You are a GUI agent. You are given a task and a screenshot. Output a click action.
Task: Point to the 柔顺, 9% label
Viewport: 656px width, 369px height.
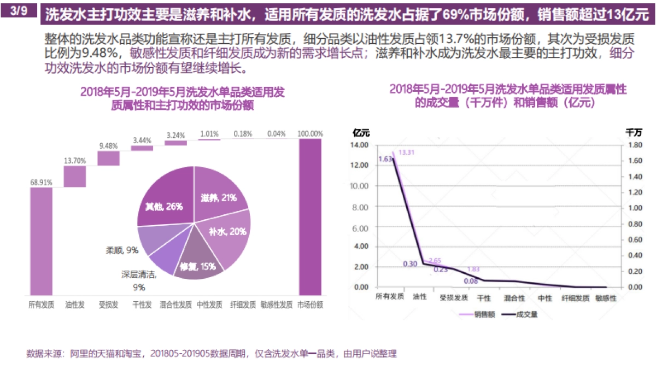tap(122, 250)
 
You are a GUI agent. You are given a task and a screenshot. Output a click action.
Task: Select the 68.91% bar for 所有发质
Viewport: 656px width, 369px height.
tap(41, 241)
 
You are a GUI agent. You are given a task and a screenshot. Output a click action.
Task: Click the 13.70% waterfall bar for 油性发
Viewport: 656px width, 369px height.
tap(75, 176)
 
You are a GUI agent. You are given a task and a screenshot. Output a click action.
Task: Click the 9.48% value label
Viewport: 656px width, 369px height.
tap(108, 146)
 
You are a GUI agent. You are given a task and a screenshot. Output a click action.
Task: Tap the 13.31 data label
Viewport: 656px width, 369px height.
tap(407, 153)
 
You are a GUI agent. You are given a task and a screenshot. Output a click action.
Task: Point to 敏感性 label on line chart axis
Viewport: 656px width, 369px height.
tap(606, 298)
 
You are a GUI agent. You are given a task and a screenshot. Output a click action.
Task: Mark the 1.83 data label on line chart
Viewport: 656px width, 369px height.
tap(475, 269)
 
